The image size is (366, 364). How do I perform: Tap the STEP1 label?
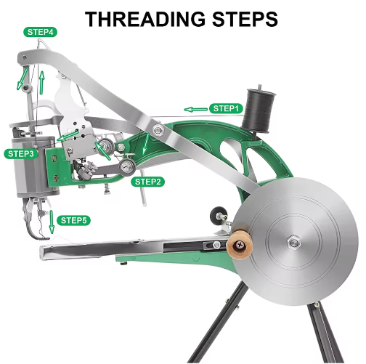225,108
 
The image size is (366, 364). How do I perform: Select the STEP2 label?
148,182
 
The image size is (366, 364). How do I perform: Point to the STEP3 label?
20,153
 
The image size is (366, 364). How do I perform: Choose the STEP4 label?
41,32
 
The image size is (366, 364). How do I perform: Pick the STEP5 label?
75,220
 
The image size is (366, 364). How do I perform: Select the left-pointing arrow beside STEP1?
195,110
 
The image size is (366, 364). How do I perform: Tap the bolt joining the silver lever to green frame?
157,130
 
